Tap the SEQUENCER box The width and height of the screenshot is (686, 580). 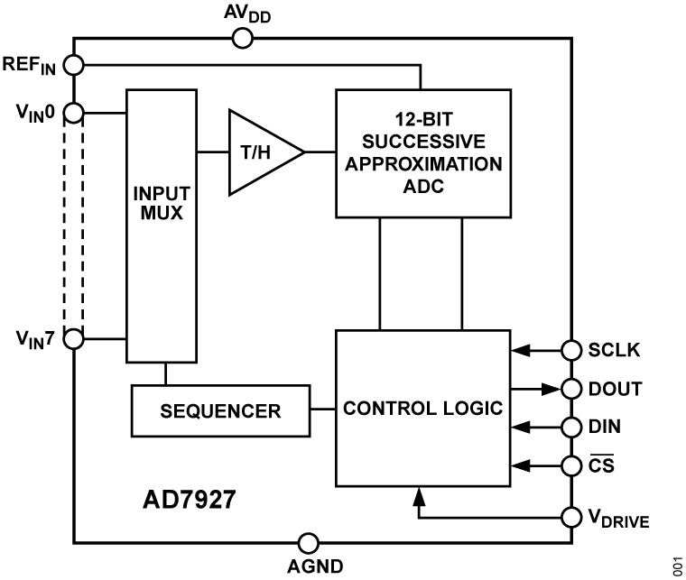pyautogui.click(x=220, y=410)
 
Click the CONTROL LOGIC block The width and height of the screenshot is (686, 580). pyautogui.click(x=422, y=409)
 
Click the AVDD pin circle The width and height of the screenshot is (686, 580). pyautogui.click(x=242, y=38)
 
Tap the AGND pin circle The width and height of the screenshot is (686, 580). pyautogui.click(x=308, y=543)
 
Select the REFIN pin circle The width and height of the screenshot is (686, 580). pyautogui.click(x=74, y=65)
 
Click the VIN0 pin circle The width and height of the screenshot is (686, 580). pyautogui.click(x=74, y=113)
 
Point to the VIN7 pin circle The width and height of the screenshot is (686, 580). pyautogui.click(x=74, y=339)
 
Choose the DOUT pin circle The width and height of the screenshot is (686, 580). pyautogui.click(x=570, y=389)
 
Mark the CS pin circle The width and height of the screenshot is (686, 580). pyautogui.click(x=570, y=465)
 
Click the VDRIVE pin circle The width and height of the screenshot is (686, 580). pyautogui.click(x=570, y=518)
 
